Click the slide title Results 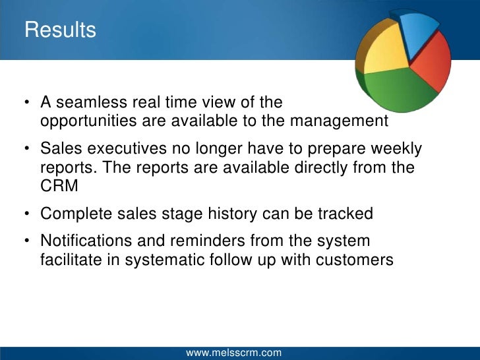pyautogui.click(x=60, y=30)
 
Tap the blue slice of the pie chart pyautogui.click(x=419, y=30)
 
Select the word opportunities pyautogui.click(x=84, y=121)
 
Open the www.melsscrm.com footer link pyautogui.click(x=233, y=353)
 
